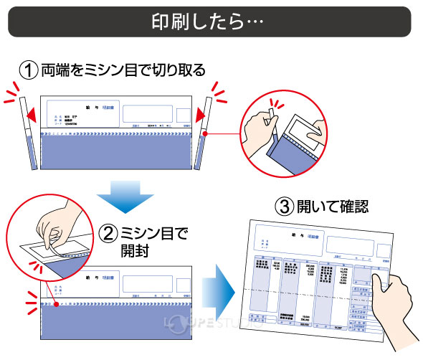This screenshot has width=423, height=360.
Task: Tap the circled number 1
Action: [28, 70]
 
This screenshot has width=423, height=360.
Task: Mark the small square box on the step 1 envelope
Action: [183, 115]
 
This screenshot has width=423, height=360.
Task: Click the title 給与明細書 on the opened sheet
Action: [305, 235]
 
